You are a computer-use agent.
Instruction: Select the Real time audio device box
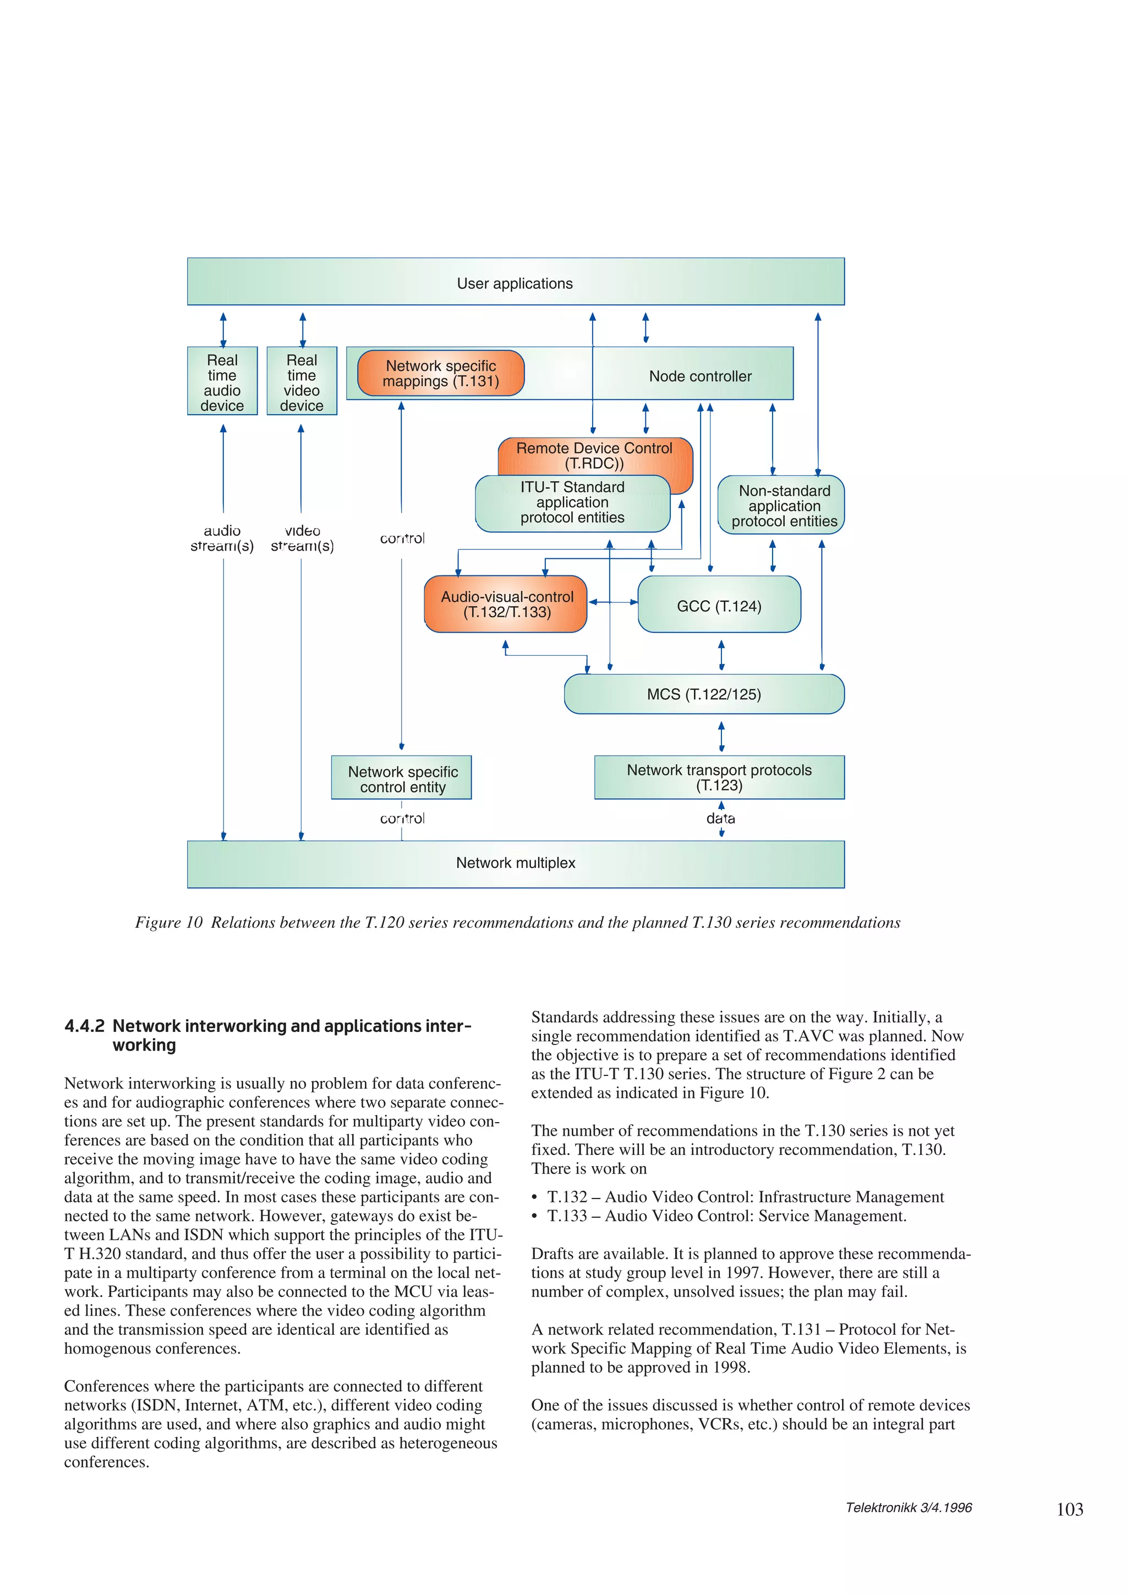(x=222, y=381)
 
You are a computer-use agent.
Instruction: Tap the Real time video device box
(x=302, y=381)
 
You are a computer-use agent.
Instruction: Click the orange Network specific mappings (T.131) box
(x=440, y=373)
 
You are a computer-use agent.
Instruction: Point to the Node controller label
(x=700, y=376)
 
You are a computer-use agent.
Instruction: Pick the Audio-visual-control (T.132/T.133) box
(x=506, y=604)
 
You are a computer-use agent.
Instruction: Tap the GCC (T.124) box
(x=719, y=606)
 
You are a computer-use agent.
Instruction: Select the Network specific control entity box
(x=402, y=778)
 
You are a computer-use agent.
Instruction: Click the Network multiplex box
(x=515, y=863)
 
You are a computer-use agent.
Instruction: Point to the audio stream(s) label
(x=222, y=538)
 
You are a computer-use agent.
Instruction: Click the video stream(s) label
(x=302, y=538)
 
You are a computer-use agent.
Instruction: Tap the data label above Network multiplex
(x=720, y=818)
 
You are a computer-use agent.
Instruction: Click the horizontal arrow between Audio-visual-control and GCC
(x=612, y=602)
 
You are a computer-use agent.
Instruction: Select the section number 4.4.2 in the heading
(x=84, y=1026)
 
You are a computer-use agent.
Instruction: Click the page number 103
(x=1069, y=1509)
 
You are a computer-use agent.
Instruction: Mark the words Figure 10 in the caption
(x=169, y=922)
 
